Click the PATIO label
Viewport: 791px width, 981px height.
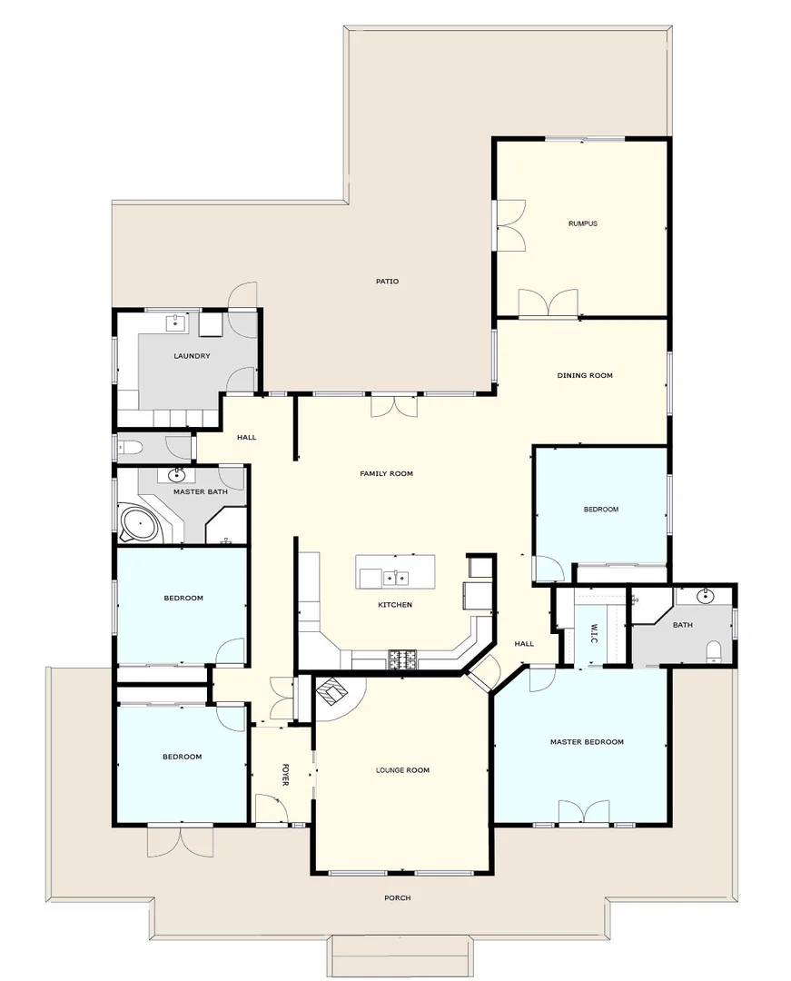pos(387,281)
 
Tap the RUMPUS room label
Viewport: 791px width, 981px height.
pos(582,223)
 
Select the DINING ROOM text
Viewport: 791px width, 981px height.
pos(584,375)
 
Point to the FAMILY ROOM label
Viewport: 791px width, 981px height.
pos(386,473)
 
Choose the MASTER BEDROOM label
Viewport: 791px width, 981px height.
pos(587,742)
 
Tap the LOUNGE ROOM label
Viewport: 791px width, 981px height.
pos(402,770)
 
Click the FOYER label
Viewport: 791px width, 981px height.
pos(284,774)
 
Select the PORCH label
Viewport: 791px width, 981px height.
pos(397,897)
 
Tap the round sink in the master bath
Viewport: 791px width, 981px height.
pos(175,475)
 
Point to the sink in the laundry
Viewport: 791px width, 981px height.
pos(177,322)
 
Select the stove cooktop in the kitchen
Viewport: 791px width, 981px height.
pos(402,660)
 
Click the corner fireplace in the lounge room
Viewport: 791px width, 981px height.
pos(331,692)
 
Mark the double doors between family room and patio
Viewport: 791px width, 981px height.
pos(395,405)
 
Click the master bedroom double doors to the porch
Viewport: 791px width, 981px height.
pos(583,812)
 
